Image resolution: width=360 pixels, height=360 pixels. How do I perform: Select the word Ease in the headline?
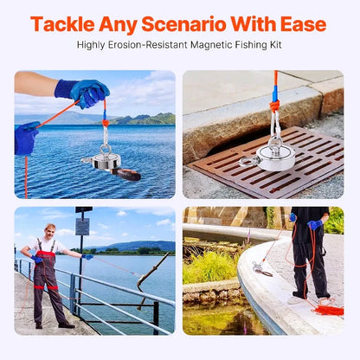click(299, 23)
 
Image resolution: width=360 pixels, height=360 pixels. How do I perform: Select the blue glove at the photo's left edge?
click(25, 138)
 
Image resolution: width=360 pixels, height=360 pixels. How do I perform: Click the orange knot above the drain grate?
click(274, 106)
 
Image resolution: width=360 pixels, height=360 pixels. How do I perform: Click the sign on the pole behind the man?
click(82, 227)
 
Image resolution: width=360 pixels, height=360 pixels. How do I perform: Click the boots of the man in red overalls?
click(52, 324)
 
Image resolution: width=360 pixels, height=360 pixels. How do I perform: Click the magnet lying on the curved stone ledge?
click(262, 271)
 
